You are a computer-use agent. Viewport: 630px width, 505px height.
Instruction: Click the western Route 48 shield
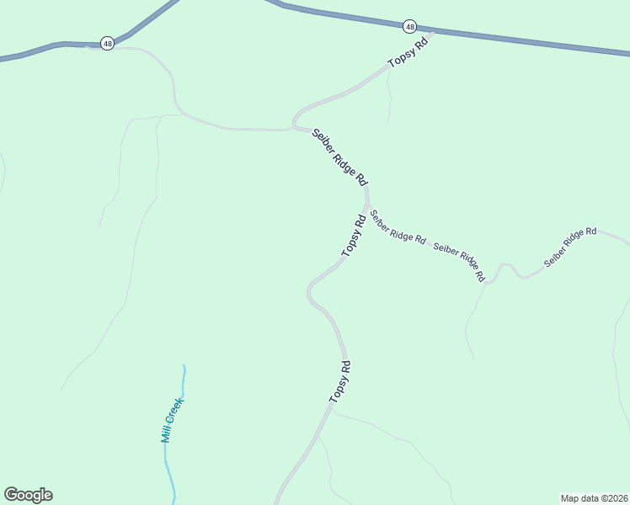[107, 43]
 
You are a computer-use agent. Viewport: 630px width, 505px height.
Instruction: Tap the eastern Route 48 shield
[409, 27]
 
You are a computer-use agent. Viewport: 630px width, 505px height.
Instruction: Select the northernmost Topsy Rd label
[408, 52]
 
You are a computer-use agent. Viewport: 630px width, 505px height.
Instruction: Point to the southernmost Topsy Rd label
[339, 381]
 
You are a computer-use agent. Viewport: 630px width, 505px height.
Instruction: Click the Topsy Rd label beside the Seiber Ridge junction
[353, 236]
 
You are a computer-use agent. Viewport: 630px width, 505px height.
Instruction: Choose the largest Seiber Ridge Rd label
[340, 157]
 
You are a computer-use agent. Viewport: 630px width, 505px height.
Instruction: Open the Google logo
[28, 495]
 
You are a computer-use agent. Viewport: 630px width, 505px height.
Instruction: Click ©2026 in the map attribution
[612, 497]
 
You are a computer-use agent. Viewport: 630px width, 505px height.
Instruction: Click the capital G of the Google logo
[12, 494]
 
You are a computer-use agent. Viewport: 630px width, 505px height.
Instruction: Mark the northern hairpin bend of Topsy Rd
[294, 124]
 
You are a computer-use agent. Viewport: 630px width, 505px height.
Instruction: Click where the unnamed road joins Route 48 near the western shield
[88, 46]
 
